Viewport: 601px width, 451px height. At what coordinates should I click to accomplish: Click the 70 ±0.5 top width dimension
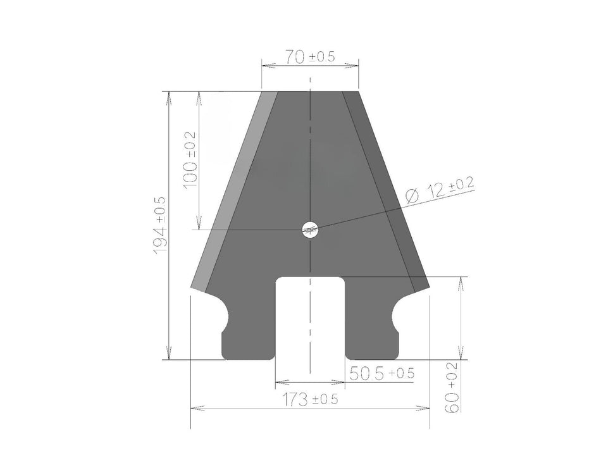coord(309,57)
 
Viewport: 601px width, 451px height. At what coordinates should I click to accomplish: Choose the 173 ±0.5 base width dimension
coord(309,400)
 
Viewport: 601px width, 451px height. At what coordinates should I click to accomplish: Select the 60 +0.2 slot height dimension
coord(452,392)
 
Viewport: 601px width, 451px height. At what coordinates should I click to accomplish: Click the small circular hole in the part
coord(310,230)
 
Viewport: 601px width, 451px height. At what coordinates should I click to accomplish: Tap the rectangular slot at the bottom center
coord(310,316)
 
